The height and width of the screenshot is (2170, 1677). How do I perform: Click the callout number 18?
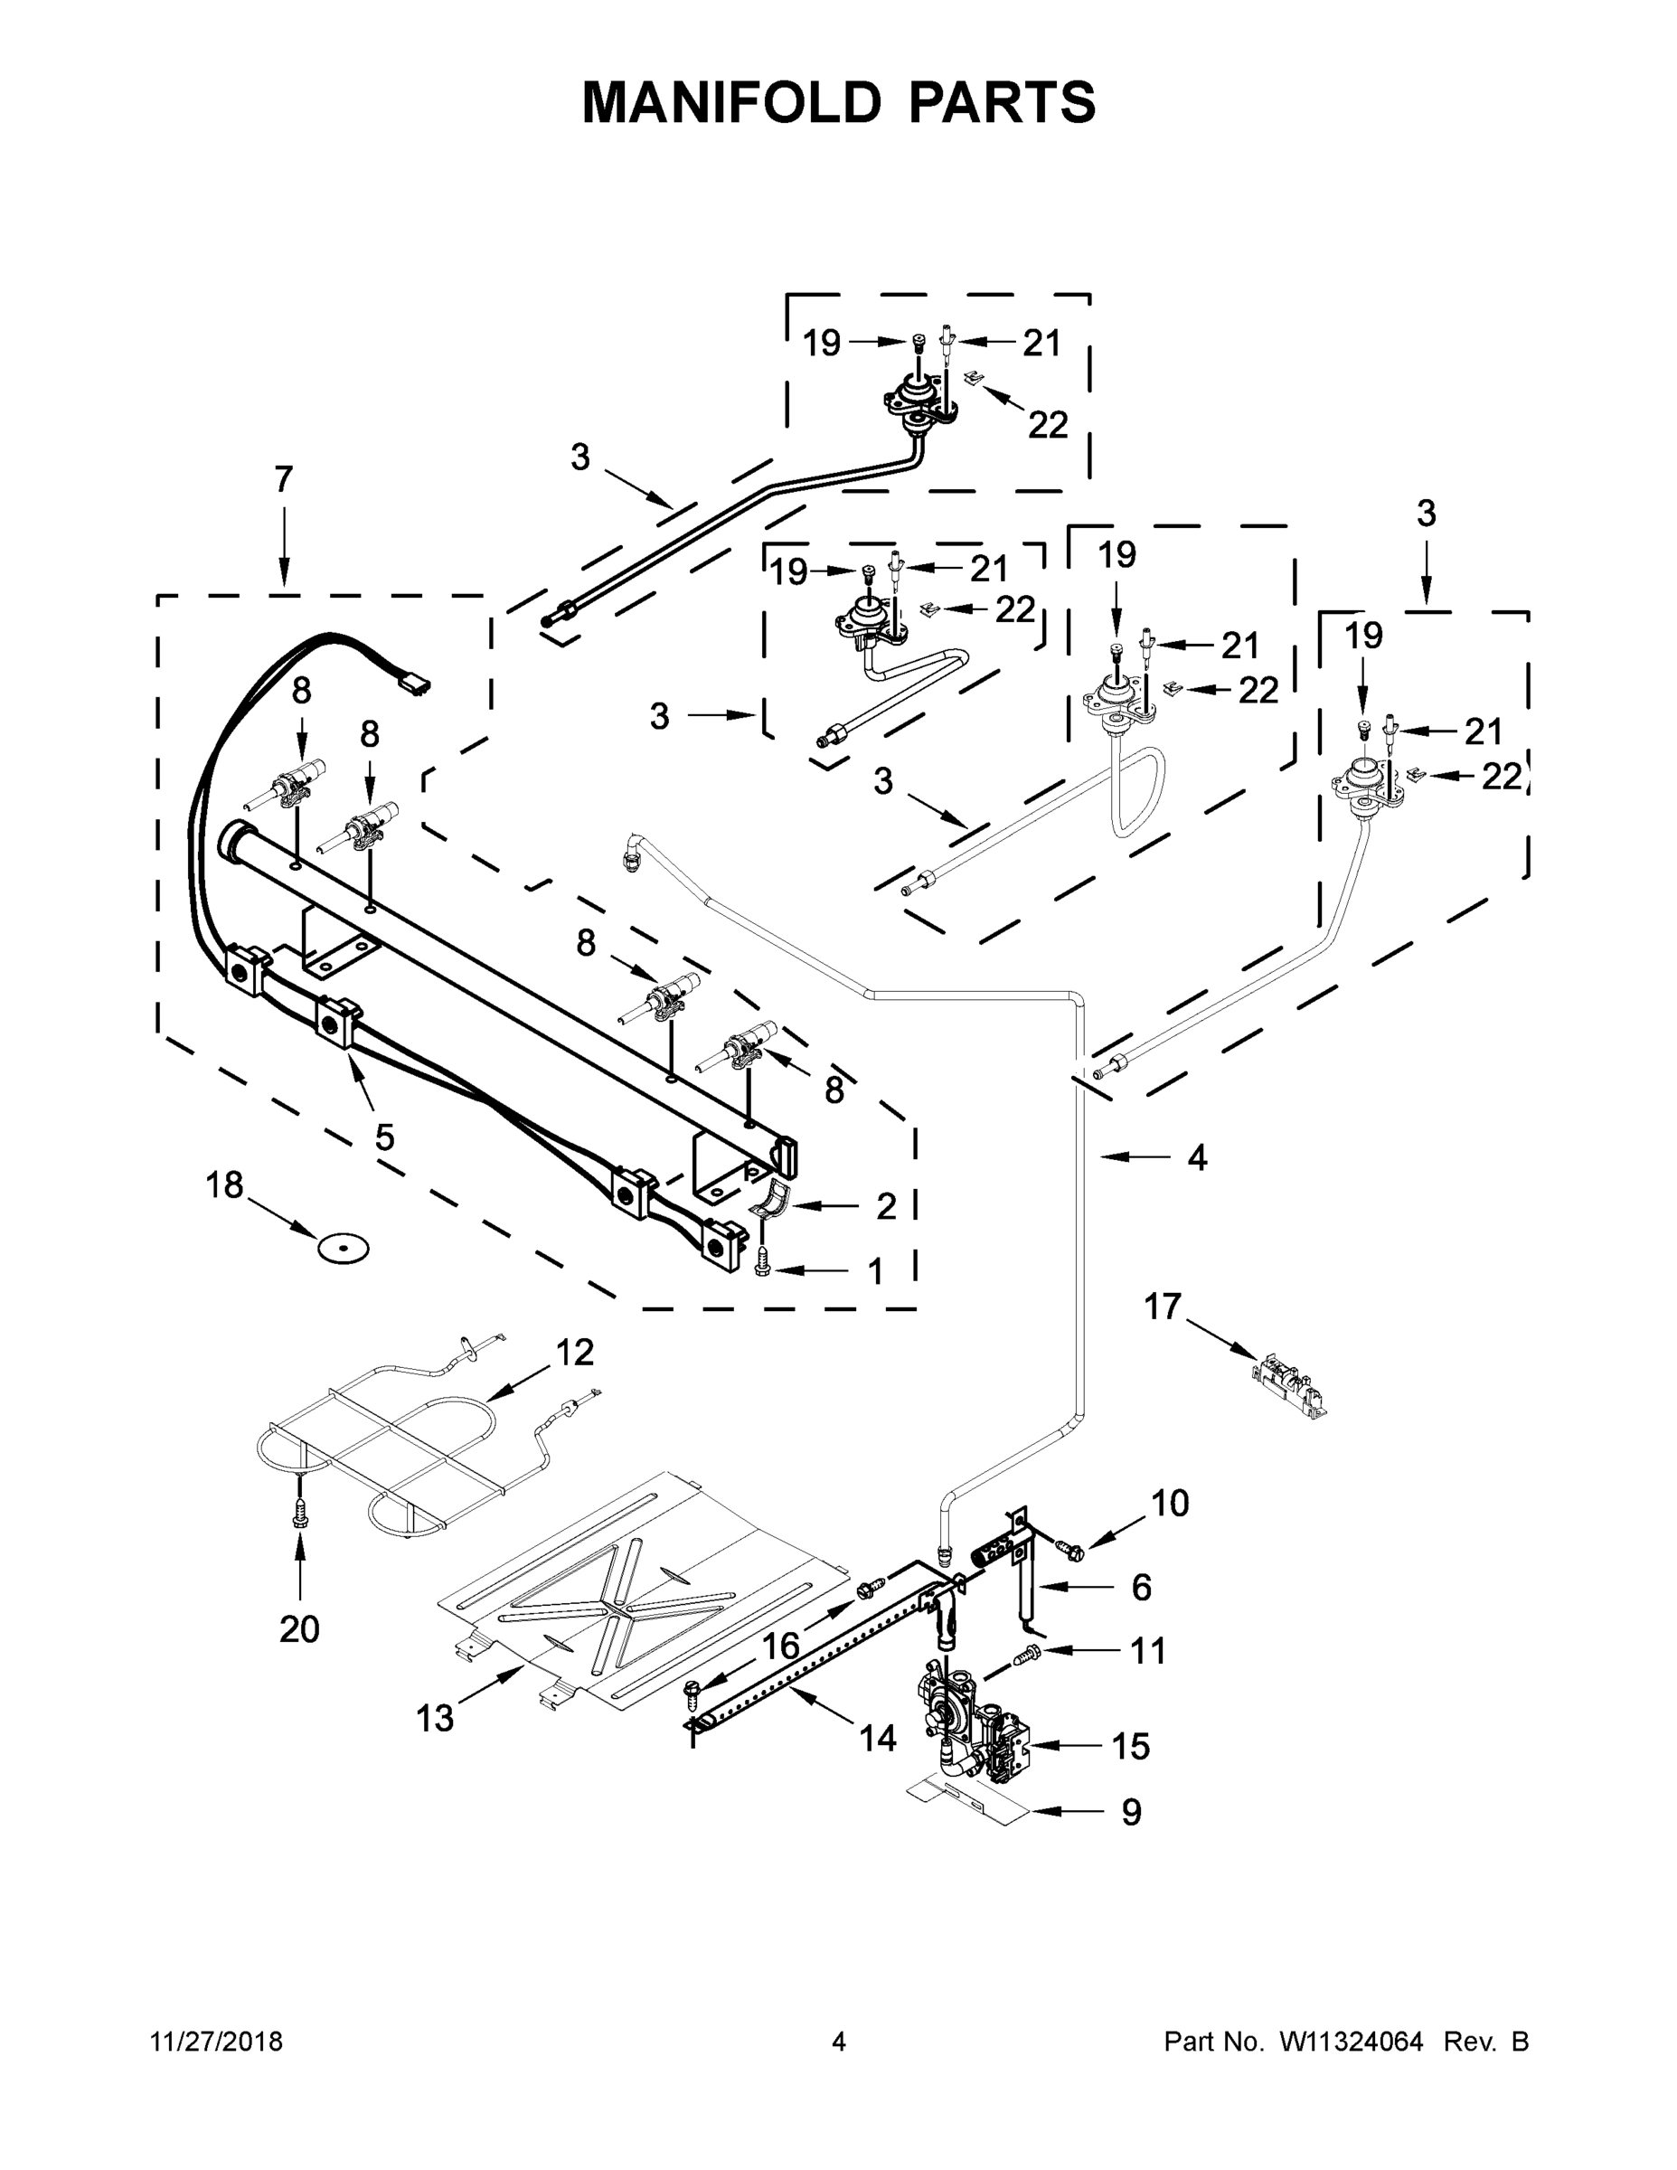(224, 1185)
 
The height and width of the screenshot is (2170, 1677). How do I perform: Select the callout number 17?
(1163, 1307)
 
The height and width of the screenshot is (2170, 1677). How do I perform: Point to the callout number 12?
(574, 1353)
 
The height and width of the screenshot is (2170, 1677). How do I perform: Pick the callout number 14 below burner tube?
(877, 1738)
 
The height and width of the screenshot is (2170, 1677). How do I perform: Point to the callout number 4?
(1197, 1157)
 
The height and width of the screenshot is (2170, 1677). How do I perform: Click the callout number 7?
(284, 480)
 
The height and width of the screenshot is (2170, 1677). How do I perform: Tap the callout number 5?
(384, 1137)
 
